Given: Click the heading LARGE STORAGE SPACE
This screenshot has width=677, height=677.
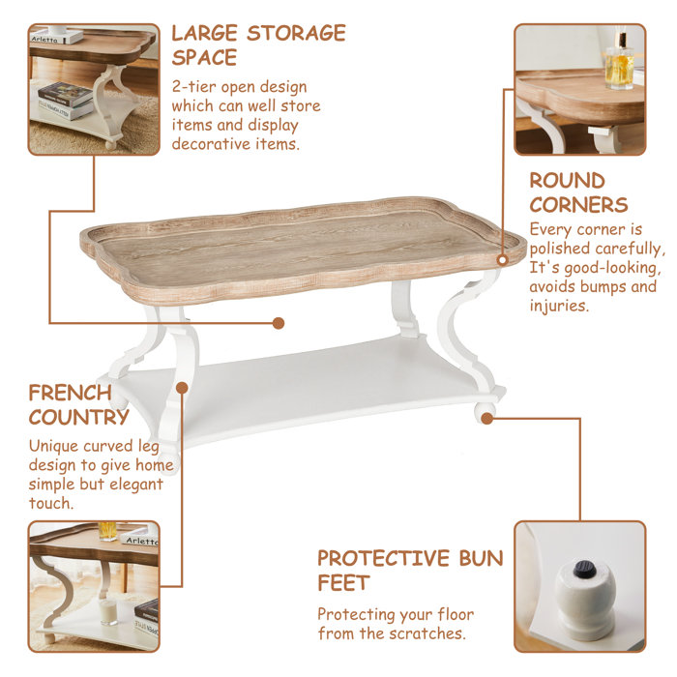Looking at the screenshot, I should (x=258, y=44).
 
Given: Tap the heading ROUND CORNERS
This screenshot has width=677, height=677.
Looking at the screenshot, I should (x=578, y=192).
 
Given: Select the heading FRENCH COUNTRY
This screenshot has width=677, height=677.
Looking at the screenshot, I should (x=78, y=404).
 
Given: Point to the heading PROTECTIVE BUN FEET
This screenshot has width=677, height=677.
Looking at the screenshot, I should (x=410, y=571).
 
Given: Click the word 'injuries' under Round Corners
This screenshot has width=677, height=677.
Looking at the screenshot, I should (x=558, y=306).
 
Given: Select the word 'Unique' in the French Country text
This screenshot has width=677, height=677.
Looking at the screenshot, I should (x=56, y=446).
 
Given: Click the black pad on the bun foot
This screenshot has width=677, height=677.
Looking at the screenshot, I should (x=582, y=570).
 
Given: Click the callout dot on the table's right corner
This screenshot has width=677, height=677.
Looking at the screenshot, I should (x=503, y=259).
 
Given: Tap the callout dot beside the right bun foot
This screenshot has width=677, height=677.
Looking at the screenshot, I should (x=486, y=418).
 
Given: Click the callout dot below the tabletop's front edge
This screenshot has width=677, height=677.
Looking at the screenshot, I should (x=278, y=322).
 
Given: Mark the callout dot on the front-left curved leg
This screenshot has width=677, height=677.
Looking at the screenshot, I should (x=181, y=388).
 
